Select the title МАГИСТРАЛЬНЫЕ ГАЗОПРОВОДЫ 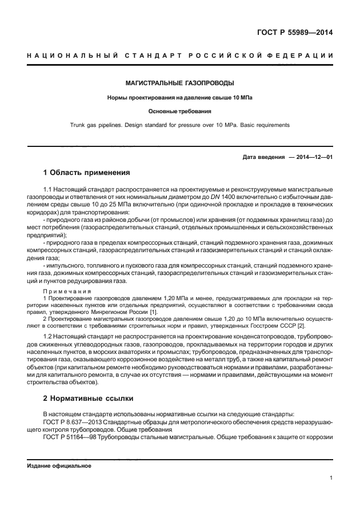tap(179, 83)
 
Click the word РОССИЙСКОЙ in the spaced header tap(215, 55)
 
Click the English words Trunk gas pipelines tap(100, 125)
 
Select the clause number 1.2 tap(49, 340)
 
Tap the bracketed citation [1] tap(154, 311)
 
